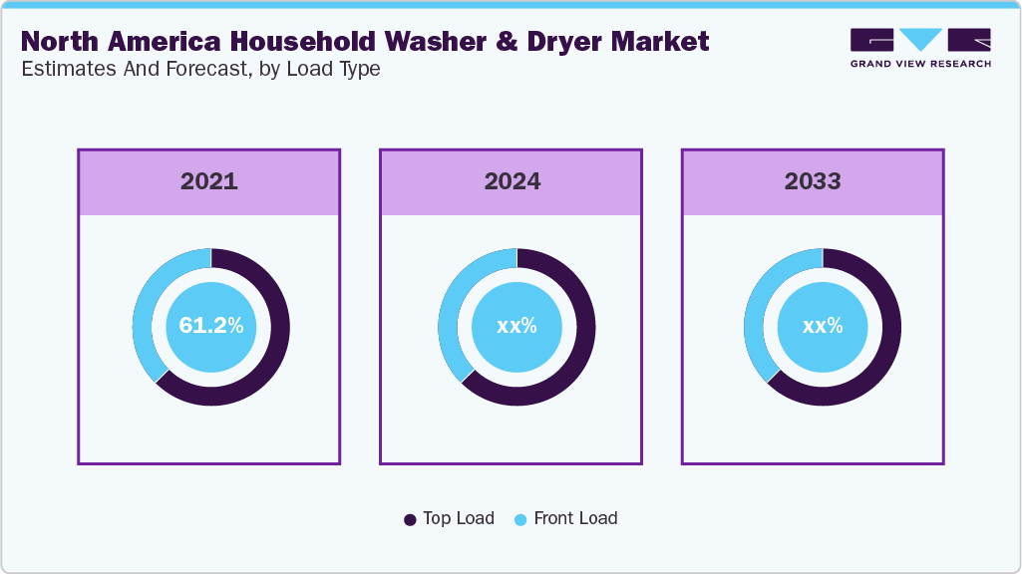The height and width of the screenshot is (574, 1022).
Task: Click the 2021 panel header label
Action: [x=209, y=181]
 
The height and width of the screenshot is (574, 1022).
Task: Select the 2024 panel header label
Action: [x=511, y=181]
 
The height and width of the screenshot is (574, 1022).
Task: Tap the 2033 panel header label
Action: [x=813, y=181]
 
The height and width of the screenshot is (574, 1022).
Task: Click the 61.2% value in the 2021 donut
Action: [x=210, y=326]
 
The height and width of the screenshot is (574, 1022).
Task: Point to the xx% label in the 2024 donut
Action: [x=516, y=326]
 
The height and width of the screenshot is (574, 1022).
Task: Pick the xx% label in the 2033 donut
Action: [x=823, y=326]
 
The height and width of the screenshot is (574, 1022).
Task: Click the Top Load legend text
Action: [x=458, y=518]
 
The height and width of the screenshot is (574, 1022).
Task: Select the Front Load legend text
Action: [x=575, y=518]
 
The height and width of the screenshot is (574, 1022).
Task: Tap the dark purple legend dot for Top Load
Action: [x=410, y=519]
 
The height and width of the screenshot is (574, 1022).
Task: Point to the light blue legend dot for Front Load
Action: [x=520, y=519]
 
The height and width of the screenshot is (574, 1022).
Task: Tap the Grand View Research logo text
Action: [x=920, y=64]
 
